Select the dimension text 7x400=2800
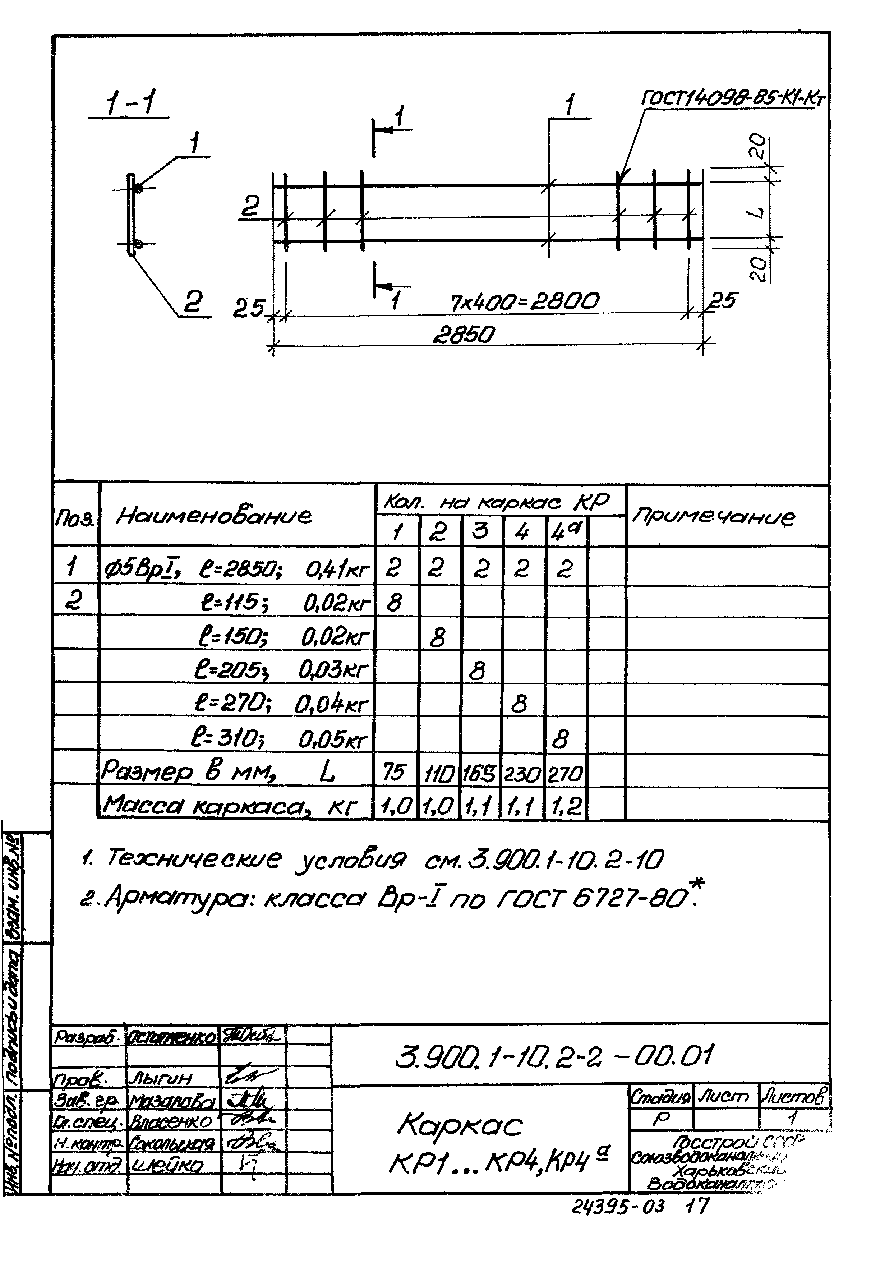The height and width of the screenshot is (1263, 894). click(524, 302)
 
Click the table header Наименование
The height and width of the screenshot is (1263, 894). click(213, 516)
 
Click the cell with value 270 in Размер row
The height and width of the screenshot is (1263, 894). click(565, 774)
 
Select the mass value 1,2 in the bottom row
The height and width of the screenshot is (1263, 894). click(565, 807)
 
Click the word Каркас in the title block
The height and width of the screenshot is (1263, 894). click(459, 1125)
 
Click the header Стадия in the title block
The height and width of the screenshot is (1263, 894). click(660, 1098)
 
